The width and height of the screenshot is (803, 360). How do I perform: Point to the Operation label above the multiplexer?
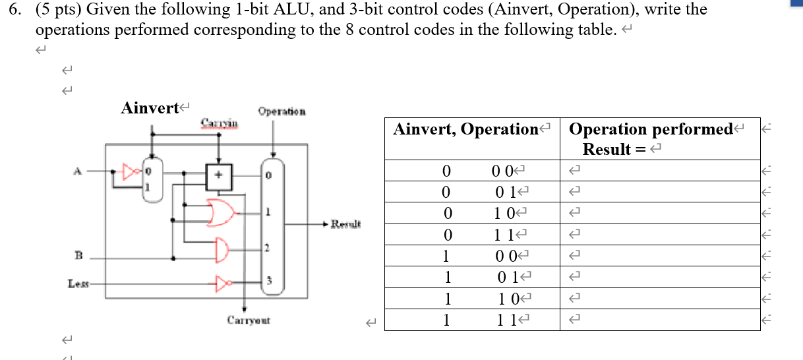pyautogui.click(x=282, y=112)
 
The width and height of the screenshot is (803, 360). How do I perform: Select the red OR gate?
pyautogui.click(x=220, y=213)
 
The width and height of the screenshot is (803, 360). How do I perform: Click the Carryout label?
pyautogui.click(x=249, y=321)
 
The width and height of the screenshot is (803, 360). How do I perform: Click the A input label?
pyautogui.click(x=78, y=170)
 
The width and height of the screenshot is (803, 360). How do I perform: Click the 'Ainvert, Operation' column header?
pyautogui.click(x=466, y=130)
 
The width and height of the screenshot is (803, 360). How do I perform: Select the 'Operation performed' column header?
pyautogui.click(x=651, y=130)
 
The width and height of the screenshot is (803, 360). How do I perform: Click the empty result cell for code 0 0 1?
pyautogui.click(x=659, y=192)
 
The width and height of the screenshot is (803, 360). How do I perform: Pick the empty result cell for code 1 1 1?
pyautogui.click(x=659, y=320)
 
